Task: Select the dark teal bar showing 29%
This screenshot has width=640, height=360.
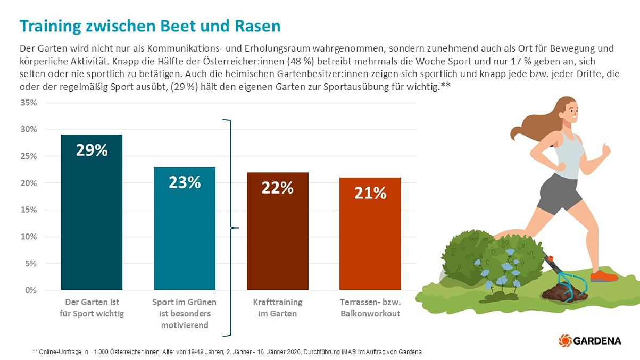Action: point(92,213)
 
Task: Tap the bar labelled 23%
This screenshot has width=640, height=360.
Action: point(185,229)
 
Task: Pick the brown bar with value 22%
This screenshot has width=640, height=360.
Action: point(277,231)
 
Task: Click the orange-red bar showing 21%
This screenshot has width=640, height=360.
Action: point(370,234)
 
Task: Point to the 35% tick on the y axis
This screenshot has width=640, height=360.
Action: point(28,103)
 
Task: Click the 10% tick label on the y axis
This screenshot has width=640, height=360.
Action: point(28,237)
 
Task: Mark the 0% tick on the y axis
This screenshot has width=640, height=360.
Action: point(30,290)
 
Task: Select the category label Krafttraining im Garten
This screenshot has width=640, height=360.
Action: point(277,308)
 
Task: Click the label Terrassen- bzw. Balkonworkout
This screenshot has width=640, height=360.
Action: point(370,308)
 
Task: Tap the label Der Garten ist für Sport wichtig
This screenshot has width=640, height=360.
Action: point(92,308)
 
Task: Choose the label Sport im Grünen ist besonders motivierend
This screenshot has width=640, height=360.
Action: point(185,313)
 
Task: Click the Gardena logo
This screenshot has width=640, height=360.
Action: point(590,340)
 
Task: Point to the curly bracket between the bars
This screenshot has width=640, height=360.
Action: point(230,228)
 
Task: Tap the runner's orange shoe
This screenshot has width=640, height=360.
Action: point(603,275)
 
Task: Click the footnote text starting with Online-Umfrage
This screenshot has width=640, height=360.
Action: point(227,352)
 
